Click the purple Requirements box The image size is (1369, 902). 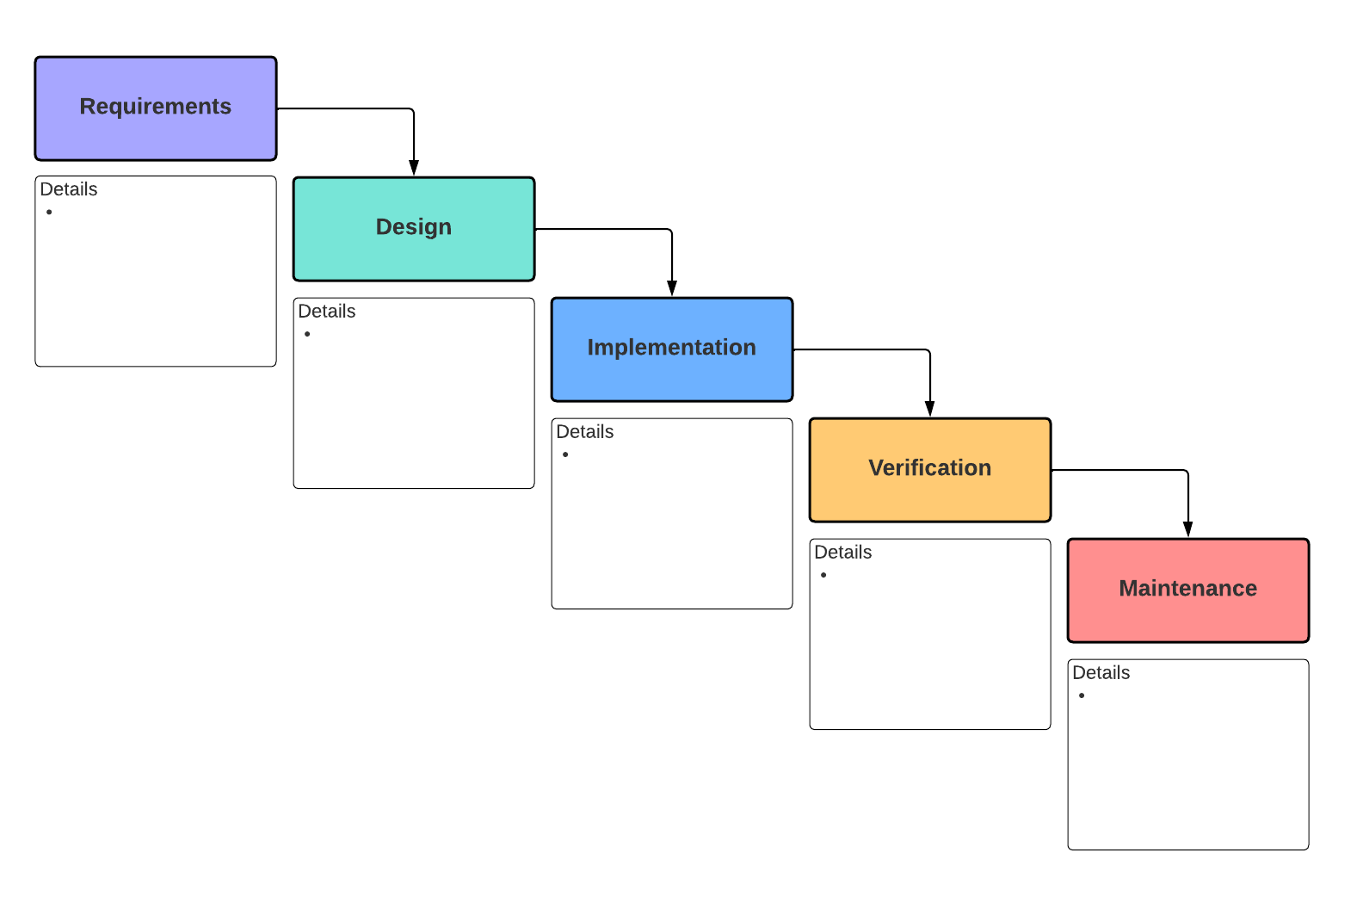pos(156,108)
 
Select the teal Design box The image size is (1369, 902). pos(414,229)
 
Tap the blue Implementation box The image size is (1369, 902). pos(672,349)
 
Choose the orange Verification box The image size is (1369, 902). pos(930,470)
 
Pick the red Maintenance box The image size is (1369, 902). pos(1188,590)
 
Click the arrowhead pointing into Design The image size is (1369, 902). pos(414,168)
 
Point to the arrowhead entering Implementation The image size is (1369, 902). pos(672,288)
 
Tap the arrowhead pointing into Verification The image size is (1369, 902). pos(930,409)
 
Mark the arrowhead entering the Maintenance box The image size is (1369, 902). pos(1188,529)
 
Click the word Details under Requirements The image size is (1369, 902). pos(69,189)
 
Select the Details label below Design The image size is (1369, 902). pos(327,312)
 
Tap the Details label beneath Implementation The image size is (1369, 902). pos(585,432)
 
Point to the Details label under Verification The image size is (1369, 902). pos(843,553)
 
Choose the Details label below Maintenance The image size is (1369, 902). pos(1101,673)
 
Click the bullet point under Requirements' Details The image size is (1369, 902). pos(49,212)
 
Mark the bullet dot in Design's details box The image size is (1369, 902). pos(307,334)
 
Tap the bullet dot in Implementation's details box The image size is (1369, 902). pos(565,454)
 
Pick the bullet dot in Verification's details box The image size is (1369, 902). pos(823,575)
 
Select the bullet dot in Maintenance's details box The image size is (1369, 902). pos(1082,695)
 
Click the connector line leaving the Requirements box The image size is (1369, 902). pos(344,108)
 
